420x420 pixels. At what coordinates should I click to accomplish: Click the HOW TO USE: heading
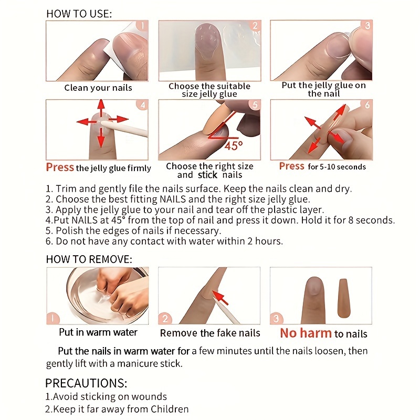(x=79, y=14)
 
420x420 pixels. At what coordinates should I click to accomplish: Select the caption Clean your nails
(x=98, y=88)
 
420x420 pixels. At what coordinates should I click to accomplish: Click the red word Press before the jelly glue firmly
(x=60, y=167)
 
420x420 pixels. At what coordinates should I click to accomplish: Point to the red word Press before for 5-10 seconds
(x=292, y=166)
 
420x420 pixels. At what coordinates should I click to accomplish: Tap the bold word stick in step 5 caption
(x=208, y=175)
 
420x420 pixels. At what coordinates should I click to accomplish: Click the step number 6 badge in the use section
(x=366, y=105)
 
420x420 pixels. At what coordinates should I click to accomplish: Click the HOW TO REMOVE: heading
(x=89, y=259)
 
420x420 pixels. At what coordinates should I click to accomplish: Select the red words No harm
(x=306, y=333)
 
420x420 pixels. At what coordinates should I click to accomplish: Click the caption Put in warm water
(x=98, y=332)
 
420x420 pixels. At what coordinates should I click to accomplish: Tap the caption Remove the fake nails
(x=210, y=333)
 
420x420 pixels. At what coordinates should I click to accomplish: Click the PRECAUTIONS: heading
(x=86, y=383)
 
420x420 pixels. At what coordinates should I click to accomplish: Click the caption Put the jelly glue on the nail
(x=324, y=89)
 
